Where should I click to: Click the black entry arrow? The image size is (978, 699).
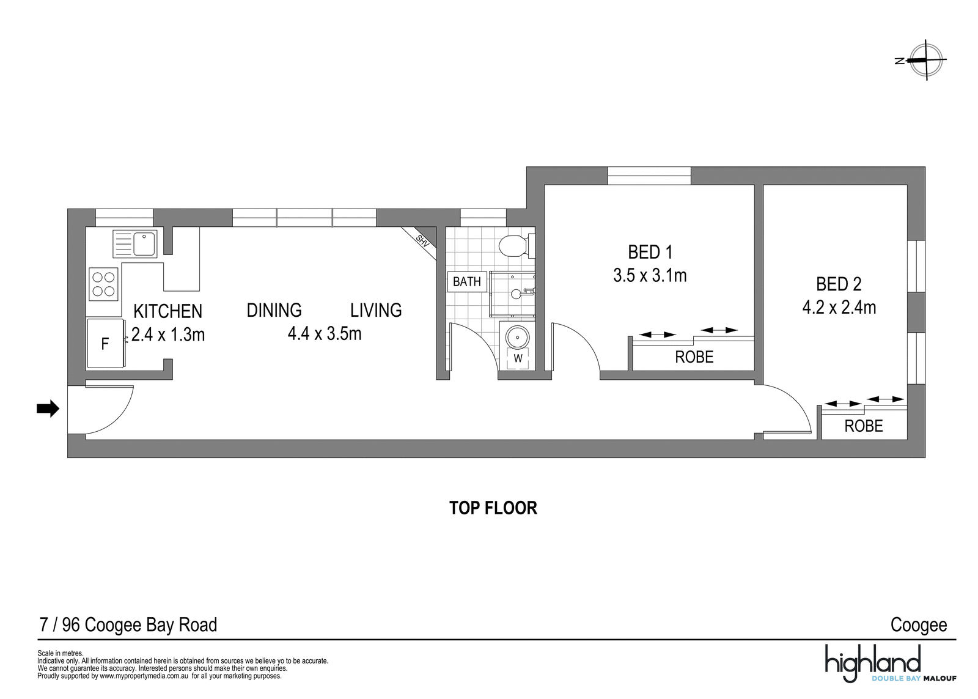tap(48, 409)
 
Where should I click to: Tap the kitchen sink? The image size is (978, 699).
tap(135, 244)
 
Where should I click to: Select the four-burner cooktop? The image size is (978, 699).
tap(104, 284)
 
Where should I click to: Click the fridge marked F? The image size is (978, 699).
tap(105, 344)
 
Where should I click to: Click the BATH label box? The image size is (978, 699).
tap(467, 282)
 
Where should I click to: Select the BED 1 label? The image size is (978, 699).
tap(650, 252)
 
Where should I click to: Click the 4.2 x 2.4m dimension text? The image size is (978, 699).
tap(839, 308)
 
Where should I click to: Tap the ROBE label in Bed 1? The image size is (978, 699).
tap(694, 357)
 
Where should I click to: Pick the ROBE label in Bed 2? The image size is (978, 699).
tap(864, 426)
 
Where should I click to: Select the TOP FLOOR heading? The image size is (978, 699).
tap(493, 508)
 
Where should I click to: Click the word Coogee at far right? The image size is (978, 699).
tap(919, 625)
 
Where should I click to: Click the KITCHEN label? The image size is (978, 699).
tap(167, 311)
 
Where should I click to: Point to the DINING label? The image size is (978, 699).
tap(274, 310)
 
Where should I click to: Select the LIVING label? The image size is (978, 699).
tap(376, 310)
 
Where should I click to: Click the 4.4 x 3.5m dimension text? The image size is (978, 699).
tap(325, 334)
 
